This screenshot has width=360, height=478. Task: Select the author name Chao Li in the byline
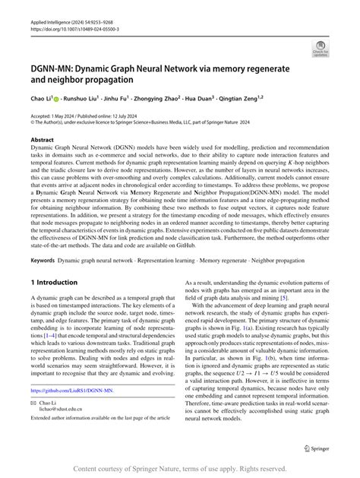(41, 98)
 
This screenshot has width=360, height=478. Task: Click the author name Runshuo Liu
(81, 98)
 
